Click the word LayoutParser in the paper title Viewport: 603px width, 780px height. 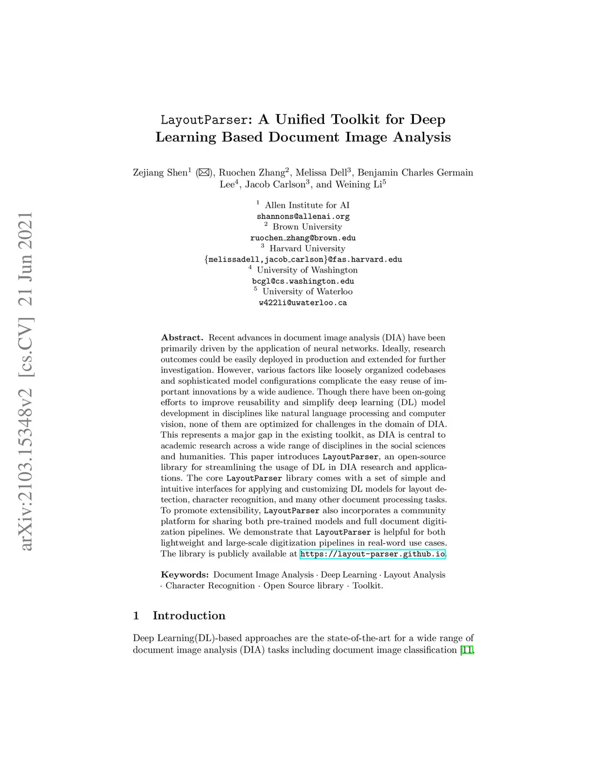pos(203,120)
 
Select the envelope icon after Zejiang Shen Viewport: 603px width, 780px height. pos(204,172)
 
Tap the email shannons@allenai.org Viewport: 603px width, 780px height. pos(303,216)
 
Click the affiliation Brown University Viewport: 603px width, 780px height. pos(307,227)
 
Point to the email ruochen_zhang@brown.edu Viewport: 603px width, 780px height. pos(303,238)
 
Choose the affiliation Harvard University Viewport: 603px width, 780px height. pos(307,248)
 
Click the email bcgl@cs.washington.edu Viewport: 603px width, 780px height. pos(303,281)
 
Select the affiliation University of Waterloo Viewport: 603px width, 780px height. pos(307,291)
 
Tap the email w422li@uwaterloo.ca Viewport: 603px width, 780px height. pos(303,303)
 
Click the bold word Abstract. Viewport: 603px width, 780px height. pos(182,338)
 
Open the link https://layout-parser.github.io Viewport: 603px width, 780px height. pos(372,554)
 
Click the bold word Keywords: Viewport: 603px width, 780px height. pos(184,575)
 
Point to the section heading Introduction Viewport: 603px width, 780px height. pos(188,616)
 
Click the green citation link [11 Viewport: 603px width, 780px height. pos(467,650)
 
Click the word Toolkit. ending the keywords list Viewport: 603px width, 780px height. pos(367,586)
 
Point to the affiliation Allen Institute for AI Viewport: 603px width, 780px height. pos(306,205)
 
